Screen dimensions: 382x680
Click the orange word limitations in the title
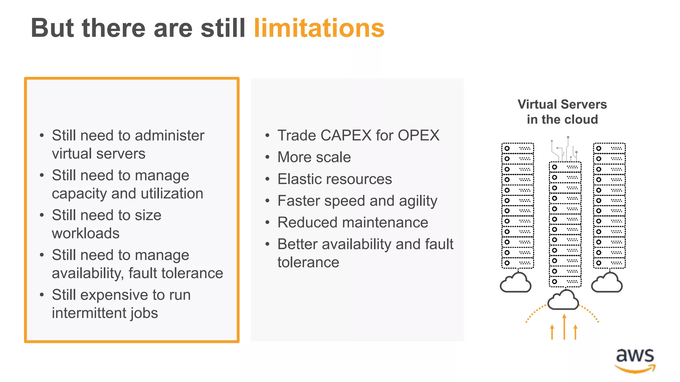pyautogui.click(x=319, y=28)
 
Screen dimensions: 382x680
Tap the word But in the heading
pyautogui.click(x=52, y=28)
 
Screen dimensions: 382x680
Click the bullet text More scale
pyautogui.click(x=314, y=157)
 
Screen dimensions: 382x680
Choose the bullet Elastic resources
pyautogui.click(x=335, y=179)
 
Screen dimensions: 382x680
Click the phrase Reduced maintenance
pyautogui.click(x=353, y=223)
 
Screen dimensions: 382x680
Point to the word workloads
pyautogui.click(x=86, y=233)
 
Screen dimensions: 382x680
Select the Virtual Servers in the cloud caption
pyautogui.click(x=562, y=112)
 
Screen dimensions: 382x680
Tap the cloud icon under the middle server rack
pyautogui.click(x=563, y=300)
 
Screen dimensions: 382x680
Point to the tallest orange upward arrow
pyautogui.click(x=564, y=327)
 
